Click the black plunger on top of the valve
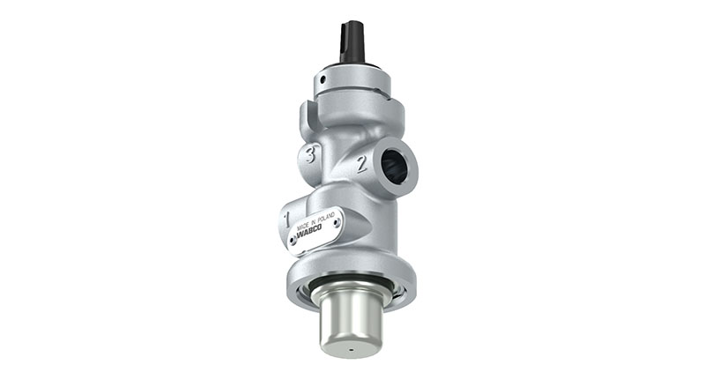(x=352, y=43)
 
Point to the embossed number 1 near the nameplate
(x=287, y=214)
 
